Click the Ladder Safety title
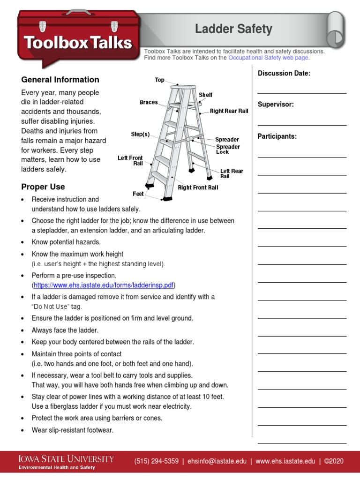point(233,29)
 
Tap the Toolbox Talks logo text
point(78,43)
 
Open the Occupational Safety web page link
point(269,58)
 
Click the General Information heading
point(60,80)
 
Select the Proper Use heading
point(43,187)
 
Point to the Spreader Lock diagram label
point(227,150)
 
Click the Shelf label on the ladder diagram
point(205,95)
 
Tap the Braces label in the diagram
point(149,103)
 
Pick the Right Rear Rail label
point(229,111)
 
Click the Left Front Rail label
point(130,161)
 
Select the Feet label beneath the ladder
point(138,194)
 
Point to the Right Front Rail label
point(198,188)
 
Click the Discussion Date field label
point(284,74)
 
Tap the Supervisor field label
point(276,105)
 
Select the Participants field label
point(277,136)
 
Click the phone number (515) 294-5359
point(156,461)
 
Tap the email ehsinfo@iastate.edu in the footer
point(217,461)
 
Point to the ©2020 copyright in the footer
point(334,461)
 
